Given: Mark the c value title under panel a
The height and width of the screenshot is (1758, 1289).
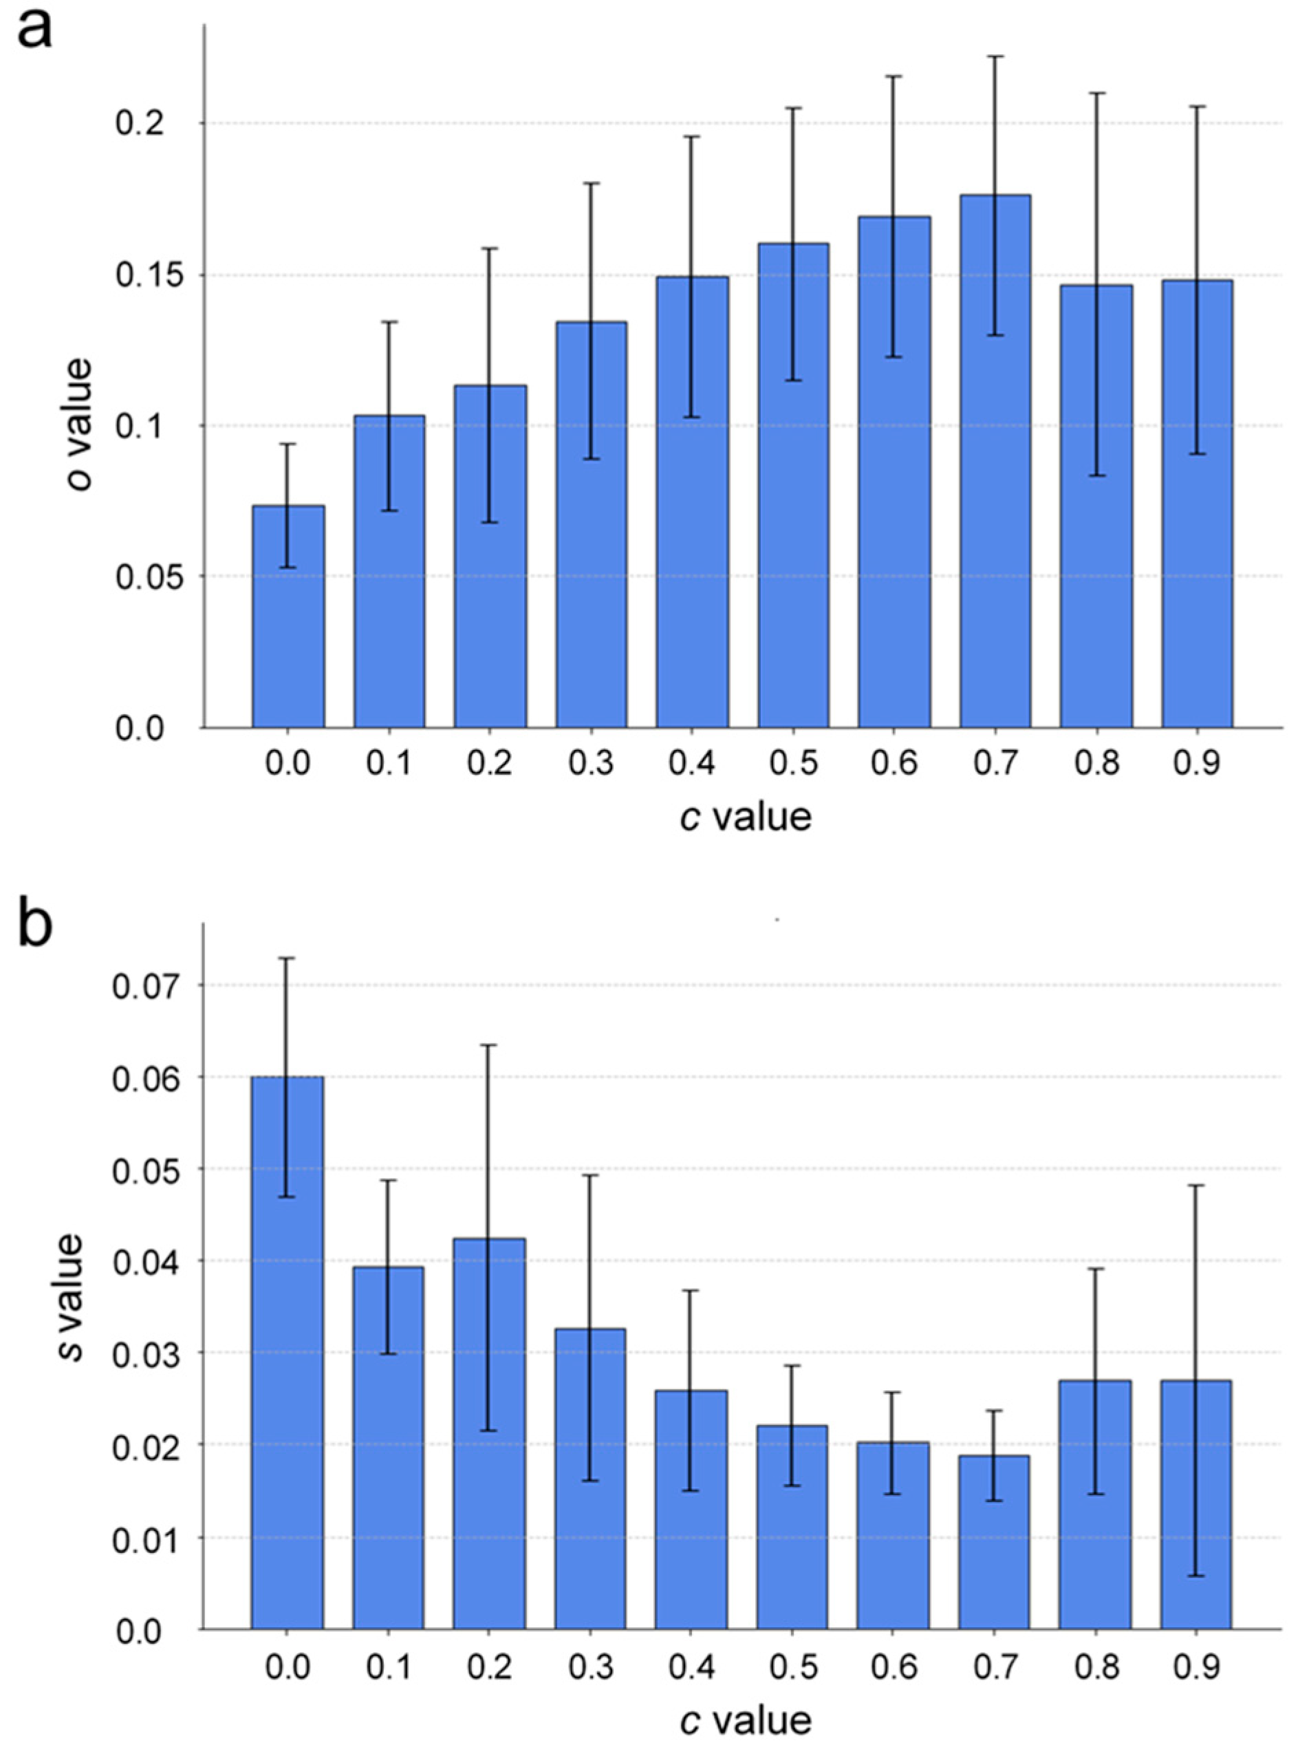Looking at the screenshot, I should coord(745,817).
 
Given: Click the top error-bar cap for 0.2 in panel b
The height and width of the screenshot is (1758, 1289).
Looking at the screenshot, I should coord(489,1044).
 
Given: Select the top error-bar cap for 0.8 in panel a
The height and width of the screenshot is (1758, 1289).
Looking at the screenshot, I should coord(1096,93).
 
